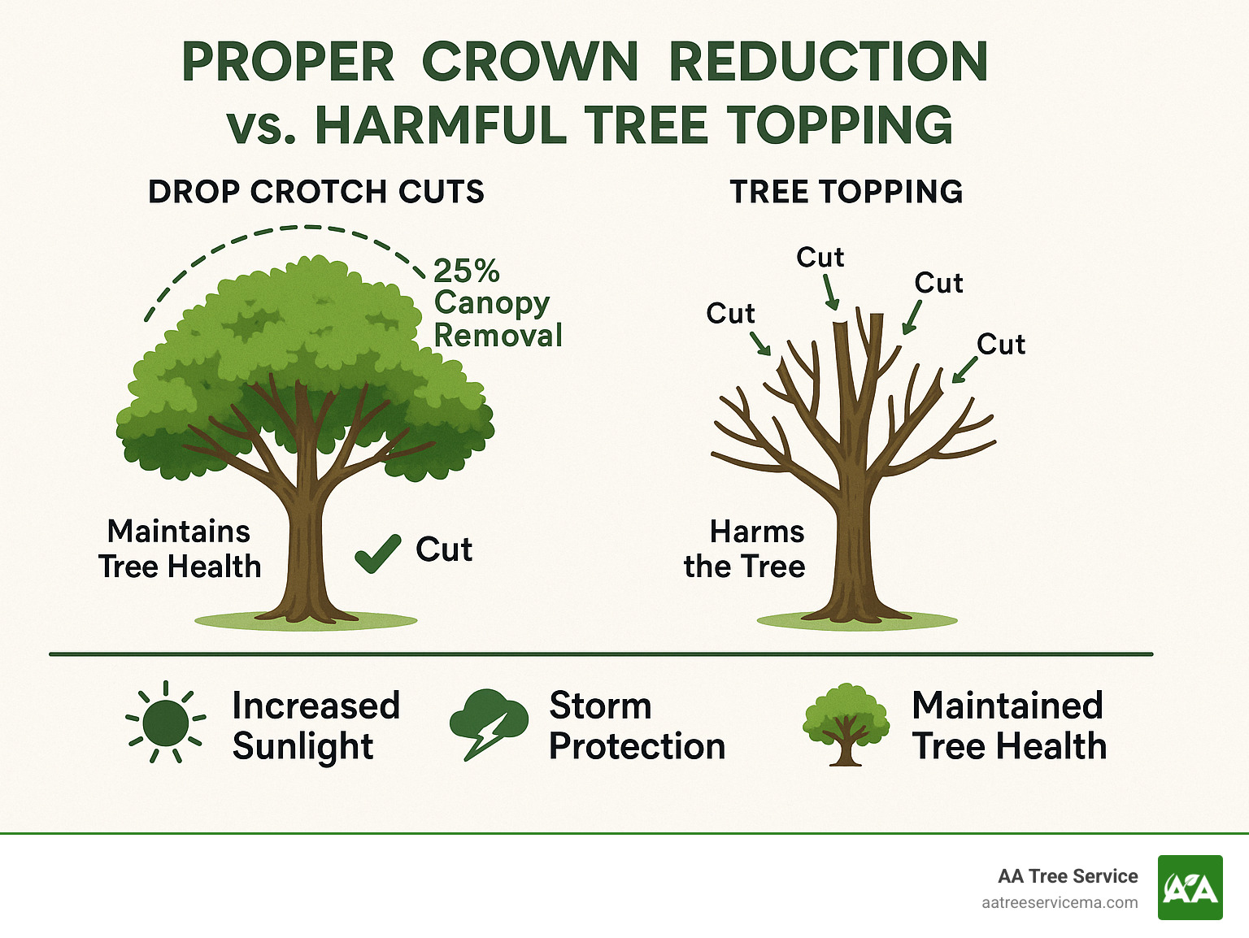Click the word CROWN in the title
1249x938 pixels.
(530, 63)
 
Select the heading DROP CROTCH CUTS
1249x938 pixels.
(316, 193)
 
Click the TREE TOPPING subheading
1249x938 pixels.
(846, 193)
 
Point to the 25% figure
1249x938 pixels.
(466, 271)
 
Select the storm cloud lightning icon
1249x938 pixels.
(488, 722)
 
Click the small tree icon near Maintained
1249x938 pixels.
(845, 723)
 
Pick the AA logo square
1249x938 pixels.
(1190, 888)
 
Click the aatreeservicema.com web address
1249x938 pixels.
(1060, 903)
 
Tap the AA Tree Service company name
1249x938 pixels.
(1068, 876)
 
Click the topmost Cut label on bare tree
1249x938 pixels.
(820, 258)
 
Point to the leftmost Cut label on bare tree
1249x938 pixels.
(730, 314)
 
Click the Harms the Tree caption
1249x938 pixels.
(745, 549)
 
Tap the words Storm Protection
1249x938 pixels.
(637, 726)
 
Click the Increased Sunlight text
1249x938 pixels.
(316, 726)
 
